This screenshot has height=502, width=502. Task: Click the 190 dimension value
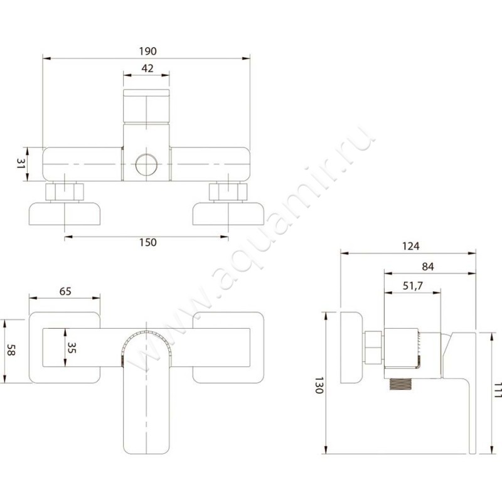pyautogui.click(x=147, y=51)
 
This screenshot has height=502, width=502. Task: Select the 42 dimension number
pyautogui.click(x=147, y=68)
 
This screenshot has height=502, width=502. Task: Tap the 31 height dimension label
pyautogui.click(x=21, y=164)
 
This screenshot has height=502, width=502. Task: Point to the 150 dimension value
pyautogui.click(x=147, y=242)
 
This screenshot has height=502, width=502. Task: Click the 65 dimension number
pyautogui.click(x=65, y=291)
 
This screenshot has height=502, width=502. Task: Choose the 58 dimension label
pyautogui.click(x=11, y=350)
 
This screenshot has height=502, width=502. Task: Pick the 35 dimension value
pyautogui.click(x=72, y=348)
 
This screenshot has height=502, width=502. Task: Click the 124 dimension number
pyautogui.click(x=410, y=246)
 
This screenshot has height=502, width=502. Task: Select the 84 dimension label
pyautogui.click(x=428, y=266)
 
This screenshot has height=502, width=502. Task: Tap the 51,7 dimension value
pyautogui.click(x=413, y=286)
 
